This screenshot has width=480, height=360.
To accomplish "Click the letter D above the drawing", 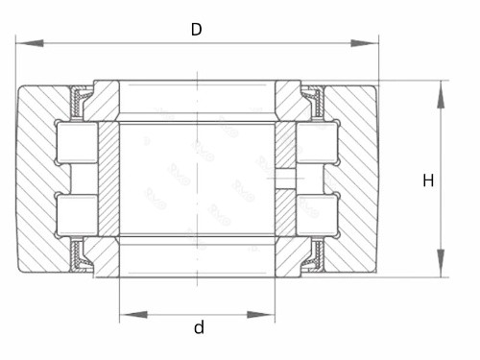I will pyautogui.click(x=196, y=29).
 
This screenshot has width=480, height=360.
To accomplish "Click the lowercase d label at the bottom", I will pyautogui.click(x=199, y=327).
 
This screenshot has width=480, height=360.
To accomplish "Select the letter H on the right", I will pyautogui.click(x=428, y=180).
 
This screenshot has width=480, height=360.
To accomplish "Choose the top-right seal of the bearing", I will pyautogui.click(x=313, y=99).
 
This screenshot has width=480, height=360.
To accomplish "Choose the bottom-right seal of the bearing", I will pyautogui.click(x=313, y=256).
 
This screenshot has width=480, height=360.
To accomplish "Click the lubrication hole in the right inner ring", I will pyautogui.click(x=285, y=180).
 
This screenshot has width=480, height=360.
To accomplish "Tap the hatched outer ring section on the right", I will pyautogui.click(x=357, y=180).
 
